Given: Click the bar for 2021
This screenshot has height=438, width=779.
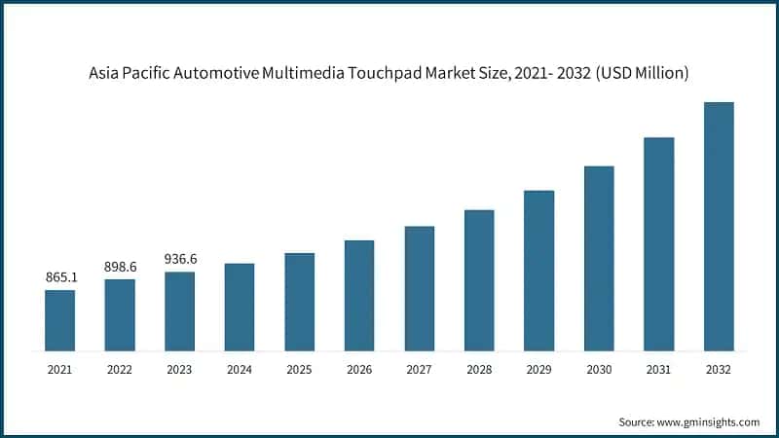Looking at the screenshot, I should [60, 320].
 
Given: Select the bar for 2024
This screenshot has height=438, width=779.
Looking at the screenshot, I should [240, 307].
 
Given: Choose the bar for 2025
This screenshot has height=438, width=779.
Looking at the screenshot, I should [300, 302].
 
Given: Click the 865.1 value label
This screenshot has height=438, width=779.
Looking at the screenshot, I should [60, 277].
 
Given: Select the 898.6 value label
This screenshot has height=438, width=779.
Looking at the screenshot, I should [120, 267].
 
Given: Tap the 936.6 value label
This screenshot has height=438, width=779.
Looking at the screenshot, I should [180, 259].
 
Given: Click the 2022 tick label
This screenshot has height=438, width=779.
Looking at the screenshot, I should [120, 370].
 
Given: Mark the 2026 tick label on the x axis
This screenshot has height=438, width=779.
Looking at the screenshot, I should [359, 370].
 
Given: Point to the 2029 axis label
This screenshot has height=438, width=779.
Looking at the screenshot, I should [539, 370].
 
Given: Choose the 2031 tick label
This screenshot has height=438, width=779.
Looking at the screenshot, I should [659, 370].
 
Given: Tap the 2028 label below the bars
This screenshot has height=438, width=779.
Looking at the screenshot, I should [479, 370].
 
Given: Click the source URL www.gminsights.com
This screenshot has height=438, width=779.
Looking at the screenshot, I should [709, 421].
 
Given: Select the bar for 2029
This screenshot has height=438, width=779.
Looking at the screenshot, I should [539, 271].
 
